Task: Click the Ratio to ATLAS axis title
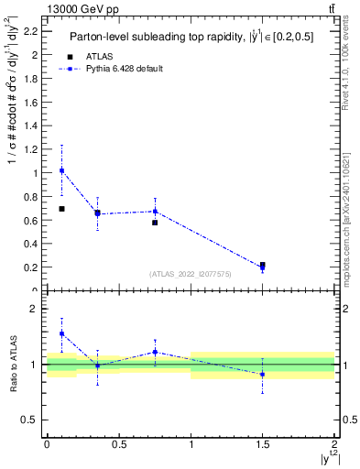[12, 365]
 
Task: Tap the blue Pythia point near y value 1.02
[61, 170]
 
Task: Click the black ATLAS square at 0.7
[61, 209]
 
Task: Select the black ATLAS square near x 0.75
[155, 223]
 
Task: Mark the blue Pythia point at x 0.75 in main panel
[155, 212]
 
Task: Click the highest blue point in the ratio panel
[61, 333]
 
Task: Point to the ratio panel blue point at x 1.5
[263, 374]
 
